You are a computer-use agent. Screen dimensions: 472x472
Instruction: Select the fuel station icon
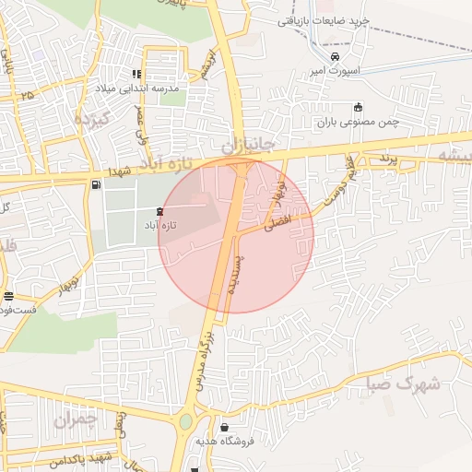[97, 184]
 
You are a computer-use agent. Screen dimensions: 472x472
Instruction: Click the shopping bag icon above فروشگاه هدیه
[226, 427]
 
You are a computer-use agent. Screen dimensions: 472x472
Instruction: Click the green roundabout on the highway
[186, 422]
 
